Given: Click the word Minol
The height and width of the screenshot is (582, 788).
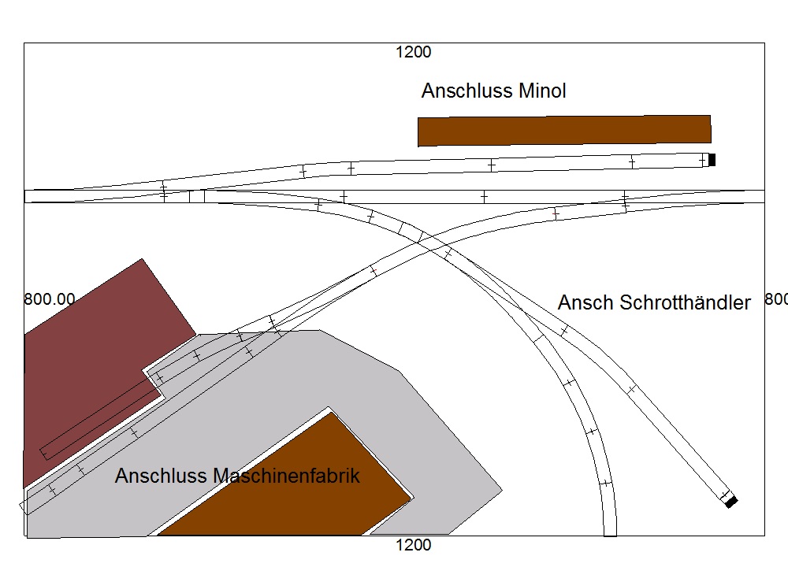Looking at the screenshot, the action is pyautogui.click(x=542, y=91).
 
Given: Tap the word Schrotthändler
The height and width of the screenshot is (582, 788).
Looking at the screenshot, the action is pyautogui.click(x=685, y=302).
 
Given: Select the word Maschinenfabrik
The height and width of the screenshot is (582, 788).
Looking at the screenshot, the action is pyautogui.click(x=287, y=476).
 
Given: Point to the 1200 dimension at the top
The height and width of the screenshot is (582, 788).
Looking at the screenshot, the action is pyautogui.click(x=413, y=52).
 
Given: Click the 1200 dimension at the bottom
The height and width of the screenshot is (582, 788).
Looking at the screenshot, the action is pyautogui.click(x=413, y=545).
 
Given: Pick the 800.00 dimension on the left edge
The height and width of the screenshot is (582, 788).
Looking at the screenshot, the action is pyautogui.click(x=50, y=299).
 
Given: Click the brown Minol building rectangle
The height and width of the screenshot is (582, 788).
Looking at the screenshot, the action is pyautogui.click(x=564, y=131).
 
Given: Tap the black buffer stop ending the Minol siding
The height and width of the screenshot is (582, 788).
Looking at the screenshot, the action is pyautogui.click(x=712, y=160).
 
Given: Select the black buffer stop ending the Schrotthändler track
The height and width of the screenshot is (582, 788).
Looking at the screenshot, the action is pyautogui.click(x=731, y=502).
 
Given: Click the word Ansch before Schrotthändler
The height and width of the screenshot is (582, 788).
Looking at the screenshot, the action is pyautogui.click(x=586, y=302).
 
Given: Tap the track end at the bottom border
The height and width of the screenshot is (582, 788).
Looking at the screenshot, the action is pyautogui.click(x=610, y=534).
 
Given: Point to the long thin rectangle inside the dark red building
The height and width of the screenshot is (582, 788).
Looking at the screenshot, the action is pyautogui.click(x=101, y=419).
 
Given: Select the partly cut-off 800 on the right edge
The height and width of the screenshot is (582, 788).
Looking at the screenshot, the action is pyautogui.click(x=776, y=299).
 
